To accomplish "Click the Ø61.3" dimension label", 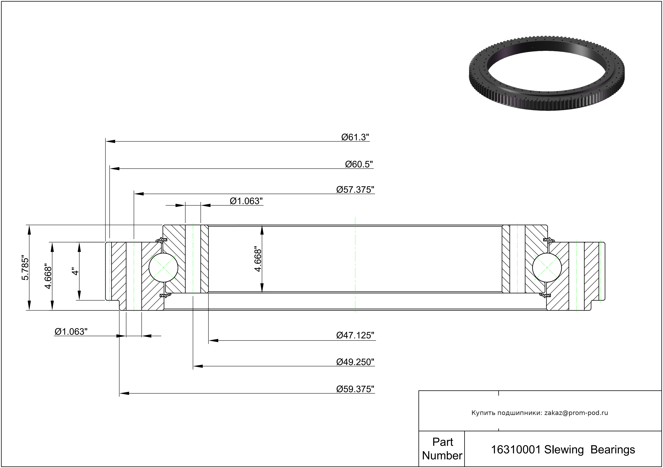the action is tap(355, 137).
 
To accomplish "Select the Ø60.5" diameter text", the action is tap(359, 164).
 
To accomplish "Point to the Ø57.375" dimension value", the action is tap(355, 190).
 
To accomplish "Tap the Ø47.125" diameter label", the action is tap(355, 335).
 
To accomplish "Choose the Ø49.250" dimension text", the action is tap(355, 362).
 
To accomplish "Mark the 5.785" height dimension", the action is tap(25, 268).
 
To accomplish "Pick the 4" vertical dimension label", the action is tap(75, 272).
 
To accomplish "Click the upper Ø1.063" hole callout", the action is tap(246, 201).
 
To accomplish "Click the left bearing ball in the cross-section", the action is tap(163, 267).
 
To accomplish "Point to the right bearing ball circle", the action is tap(547, 267).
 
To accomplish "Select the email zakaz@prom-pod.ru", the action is tap(576, 413).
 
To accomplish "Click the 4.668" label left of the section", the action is tap(48, 276).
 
